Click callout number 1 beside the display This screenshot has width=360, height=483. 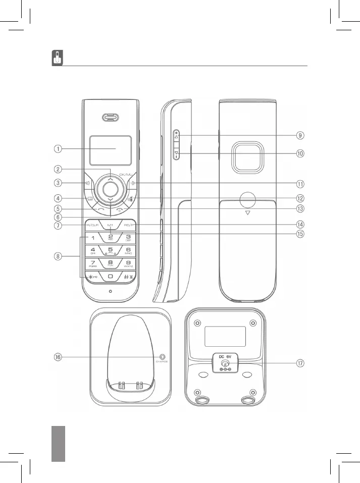[59, 149]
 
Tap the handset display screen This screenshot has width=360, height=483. [110, 150]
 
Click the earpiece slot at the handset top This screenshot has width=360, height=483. [110, 118]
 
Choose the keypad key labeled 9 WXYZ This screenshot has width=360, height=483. [128, 263]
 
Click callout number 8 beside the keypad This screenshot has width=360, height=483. [59, 256]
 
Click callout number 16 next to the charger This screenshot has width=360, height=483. [59, 357]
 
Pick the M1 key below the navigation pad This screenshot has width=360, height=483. [110, 225]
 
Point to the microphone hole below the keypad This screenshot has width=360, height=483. [110, 291]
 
